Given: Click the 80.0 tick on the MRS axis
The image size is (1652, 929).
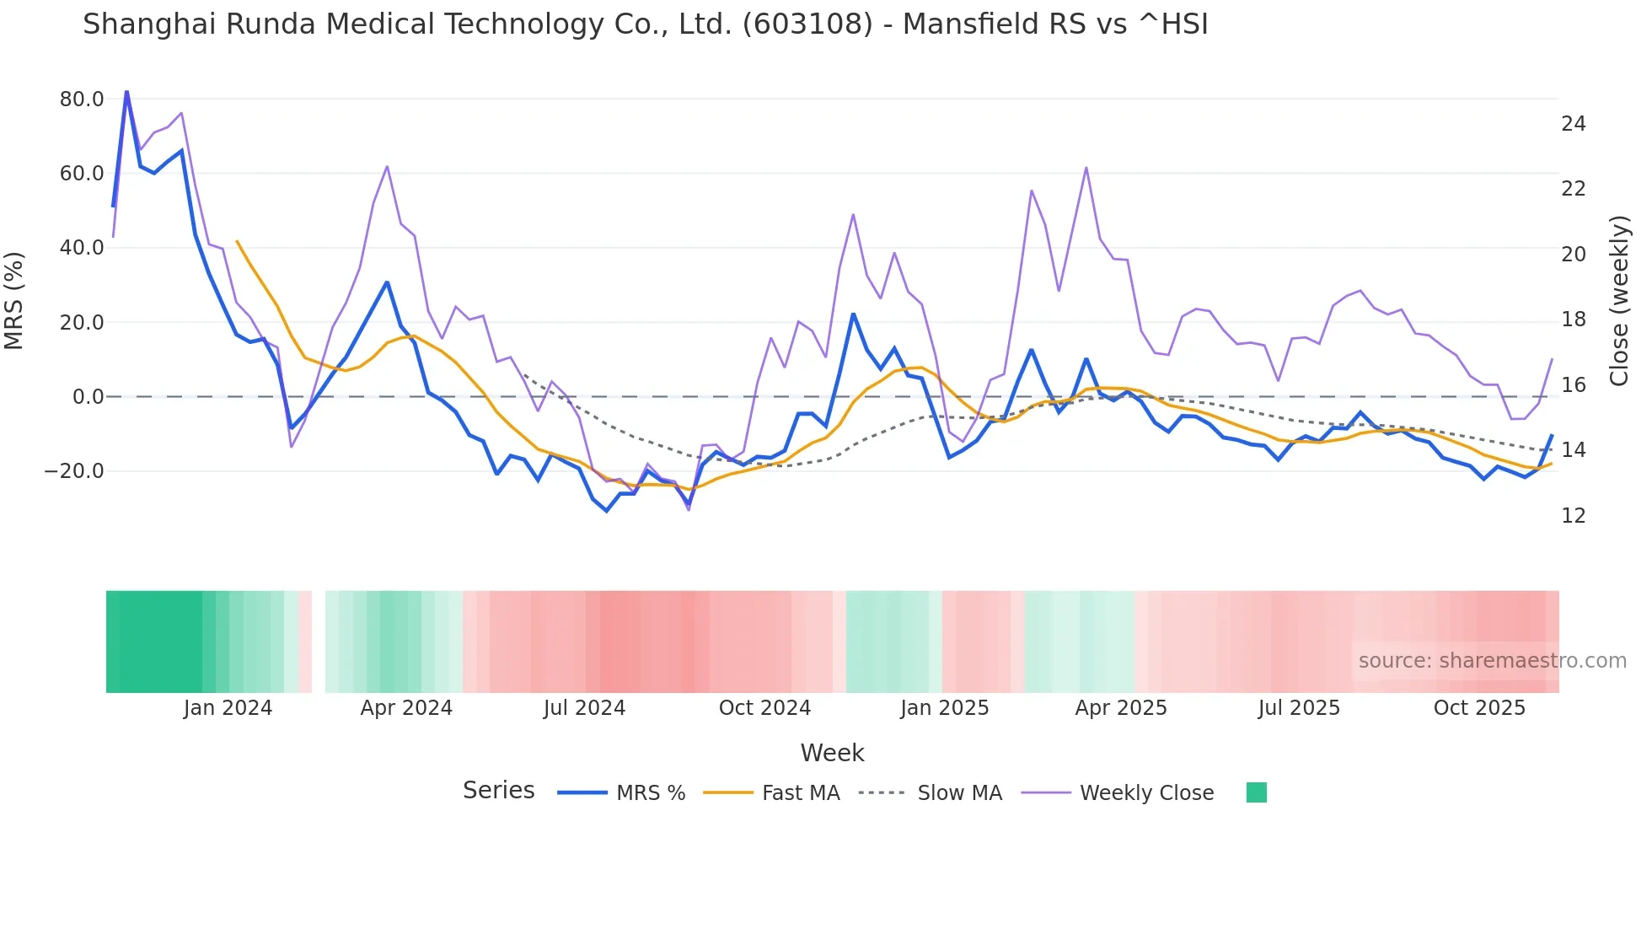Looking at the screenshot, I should pyautogui.click(x=82, y=99).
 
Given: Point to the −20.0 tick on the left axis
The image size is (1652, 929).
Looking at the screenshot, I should pyautogui.click(x=74, y=471).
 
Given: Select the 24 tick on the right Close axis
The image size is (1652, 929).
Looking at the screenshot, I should pyautogui.click(x=1573, y=124).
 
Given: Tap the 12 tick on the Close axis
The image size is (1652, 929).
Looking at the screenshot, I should pyautogui.click(x=1573, y=516).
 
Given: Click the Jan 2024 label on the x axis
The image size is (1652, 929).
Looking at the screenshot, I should pyautogui.click(x=228, y=708).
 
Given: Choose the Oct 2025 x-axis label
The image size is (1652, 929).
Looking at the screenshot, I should pyautogui.click(x=1479, y=708).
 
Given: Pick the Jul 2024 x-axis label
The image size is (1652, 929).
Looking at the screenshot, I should pyautogui.click(x=584, y=708).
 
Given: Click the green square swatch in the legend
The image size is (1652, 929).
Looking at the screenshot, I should pyautogui.click(x=1256, y=792).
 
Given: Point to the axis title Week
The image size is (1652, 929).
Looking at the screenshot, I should pyautogui.click(x=832, y=753).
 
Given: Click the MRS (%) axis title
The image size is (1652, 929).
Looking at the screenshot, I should pyautogui.click(x=14, y=300).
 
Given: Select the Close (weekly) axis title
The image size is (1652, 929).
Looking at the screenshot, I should pyautogui.click(x=1619, y=300).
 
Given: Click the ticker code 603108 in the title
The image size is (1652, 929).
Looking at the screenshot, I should pyautogui.click(x=807, y=24).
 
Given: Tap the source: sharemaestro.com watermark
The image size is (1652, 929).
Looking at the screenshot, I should pyautogui.click(x=1492, y=661).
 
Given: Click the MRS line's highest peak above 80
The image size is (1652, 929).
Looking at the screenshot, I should pyautogui.click(x=126, y=91).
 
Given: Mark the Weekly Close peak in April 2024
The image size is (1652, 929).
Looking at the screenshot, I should pyautogui.click(x=387, y=167).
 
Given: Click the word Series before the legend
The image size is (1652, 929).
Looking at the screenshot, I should pyautogui.click(x=498, y=791).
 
